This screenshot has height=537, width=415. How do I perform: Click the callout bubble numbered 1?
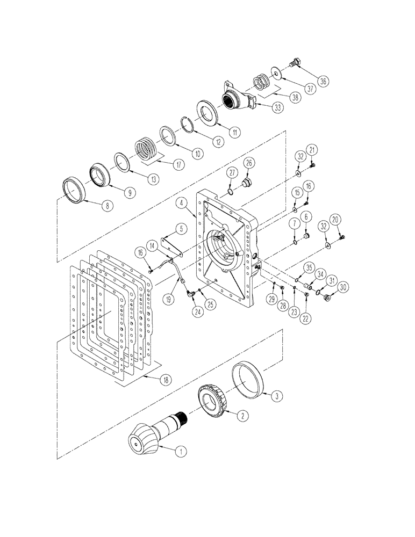click(x=182, y=452)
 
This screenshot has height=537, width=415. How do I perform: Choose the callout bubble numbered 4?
click(x=183, y=202)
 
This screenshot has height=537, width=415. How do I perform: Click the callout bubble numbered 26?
click(x=249, y=162)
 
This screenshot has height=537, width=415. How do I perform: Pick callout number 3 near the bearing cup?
click(x=276, y=396)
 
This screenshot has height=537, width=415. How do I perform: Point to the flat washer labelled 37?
click(x=275, y=73)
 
